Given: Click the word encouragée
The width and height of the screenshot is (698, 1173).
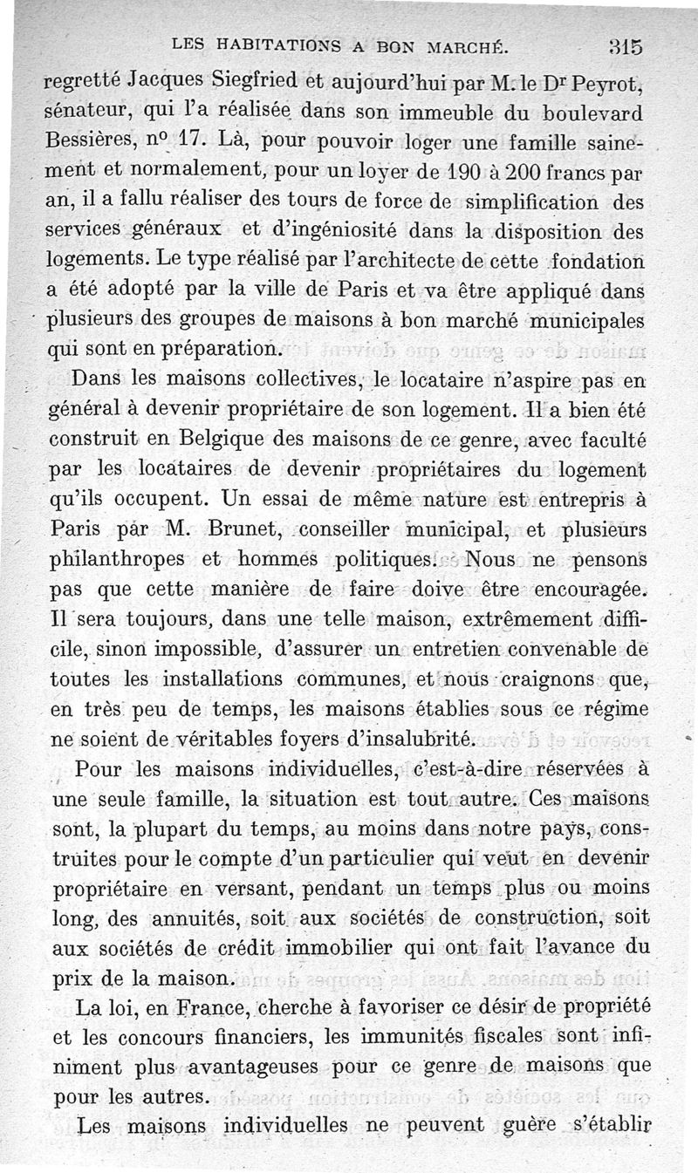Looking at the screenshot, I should pos(592,589).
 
